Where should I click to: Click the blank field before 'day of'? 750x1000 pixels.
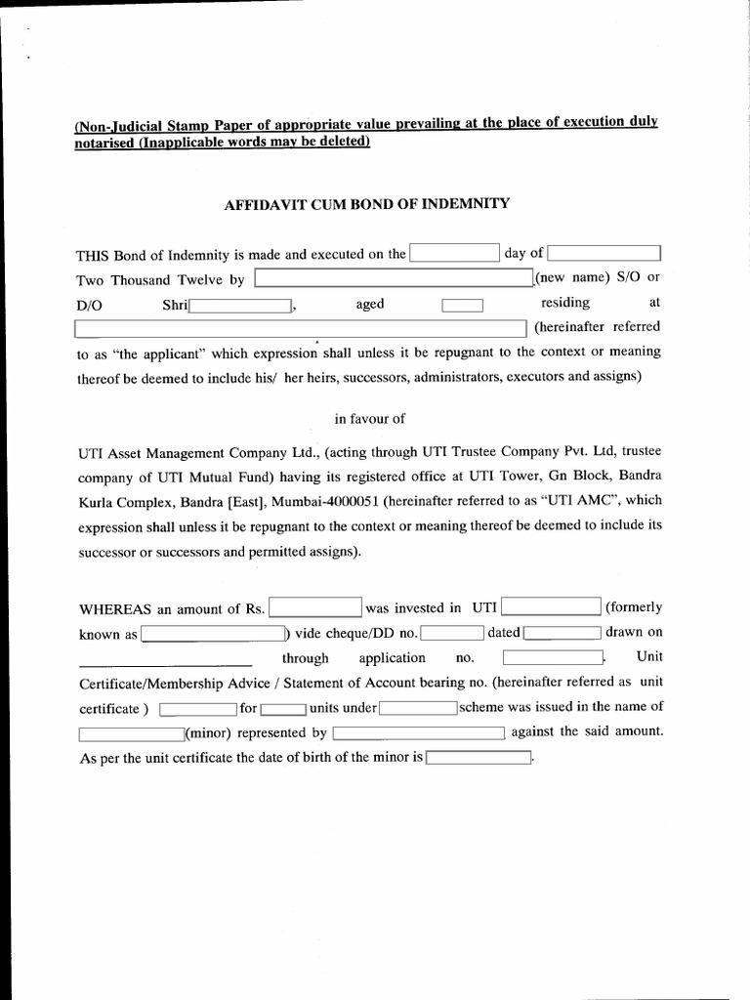(454, 254)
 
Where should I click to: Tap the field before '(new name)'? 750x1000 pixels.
(394, 279)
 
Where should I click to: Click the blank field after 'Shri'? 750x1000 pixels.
(240, 305)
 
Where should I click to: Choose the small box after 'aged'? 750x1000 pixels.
(462, 306)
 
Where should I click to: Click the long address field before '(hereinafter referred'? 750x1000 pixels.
(301, 328)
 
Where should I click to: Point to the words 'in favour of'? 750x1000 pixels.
(369, 419)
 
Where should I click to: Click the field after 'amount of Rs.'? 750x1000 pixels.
(315, 608)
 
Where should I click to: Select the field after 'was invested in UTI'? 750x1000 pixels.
(551, 607)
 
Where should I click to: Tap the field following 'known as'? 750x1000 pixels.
(213, 634)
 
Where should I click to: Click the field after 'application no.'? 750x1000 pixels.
(554, 658)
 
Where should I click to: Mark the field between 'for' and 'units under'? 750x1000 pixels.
(284, 708)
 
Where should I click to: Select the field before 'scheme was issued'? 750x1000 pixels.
(418, 708)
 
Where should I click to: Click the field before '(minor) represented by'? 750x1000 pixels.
(131, 733)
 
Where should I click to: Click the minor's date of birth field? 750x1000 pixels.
(478, 758)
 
